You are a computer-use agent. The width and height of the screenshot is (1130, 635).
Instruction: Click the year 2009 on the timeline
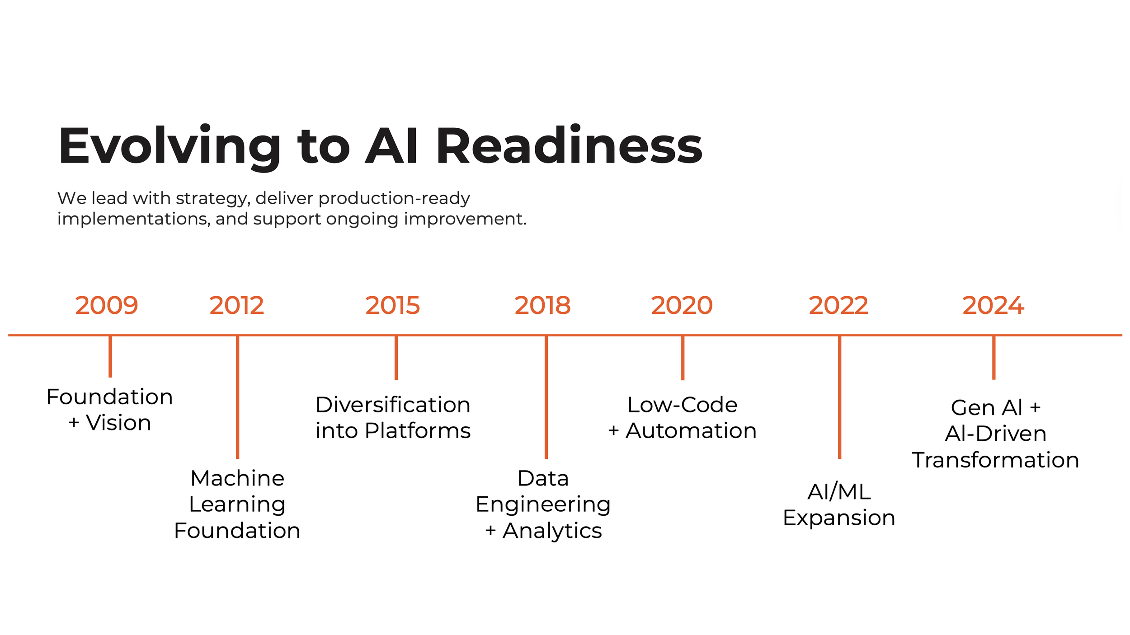pos(107,306)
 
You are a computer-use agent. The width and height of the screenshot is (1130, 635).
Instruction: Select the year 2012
pos(236,306)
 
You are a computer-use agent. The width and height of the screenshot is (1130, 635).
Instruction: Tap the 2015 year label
pos(392,306)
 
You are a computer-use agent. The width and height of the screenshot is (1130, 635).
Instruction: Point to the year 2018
pos(542,306)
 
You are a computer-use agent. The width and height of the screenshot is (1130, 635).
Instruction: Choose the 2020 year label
pos(682,306)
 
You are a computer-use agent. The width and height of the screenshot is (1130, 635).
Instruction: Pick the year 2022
pos(838,306)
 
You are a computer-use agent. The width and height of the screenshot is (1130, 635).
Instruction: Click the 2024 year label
pos(993,306)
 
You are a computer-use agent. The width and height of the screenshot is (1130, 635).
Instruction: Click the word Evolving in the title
pos(169,147)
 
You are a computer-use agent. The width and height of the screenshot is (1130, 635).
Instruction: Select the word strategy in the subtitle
pos(212,199)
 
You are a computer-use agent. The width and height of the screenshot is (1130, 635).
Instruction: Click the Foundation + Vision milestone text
pos(110,410)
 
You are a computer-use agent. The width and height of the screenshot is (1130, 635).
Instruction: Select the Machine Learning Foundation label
pos(237,504)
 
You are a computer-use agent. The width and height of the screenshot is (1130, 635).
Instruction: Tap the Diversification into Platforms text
pos(393,418)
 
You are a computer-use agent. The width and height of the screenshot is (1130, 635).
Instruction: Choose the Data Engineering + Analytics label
pos(543,504)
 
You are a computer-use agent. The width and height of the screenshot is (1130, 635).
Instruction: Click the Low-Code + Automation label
pos(682,418)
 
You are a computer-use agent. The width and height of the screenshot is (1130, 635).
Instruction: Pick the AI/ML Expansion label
pos(839,504)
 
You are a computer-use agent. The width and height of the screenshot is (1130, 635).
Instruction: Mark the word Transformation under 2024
pos(995,460)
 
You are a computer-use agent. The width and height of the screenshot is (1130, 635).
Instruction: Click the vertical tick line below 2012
pos(237,397)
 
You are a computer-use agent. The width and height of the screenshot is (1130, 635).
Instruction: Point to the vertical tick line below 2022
pos(839,397)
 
